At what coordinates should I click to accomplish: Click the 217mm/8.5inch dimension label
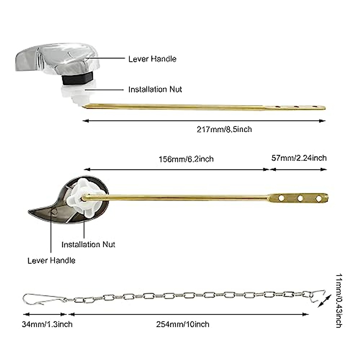pyautogui.click(x=224, y=129)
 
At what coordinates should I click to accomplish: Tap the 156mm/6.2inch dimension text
pyautogui.click(x=186, y=159)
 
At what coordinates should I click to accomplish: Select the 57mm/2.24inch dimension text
pyautogui.click(x=299, y=158)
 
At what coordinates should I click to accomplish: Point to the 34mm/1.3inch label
pyautogui.click(x=47, y=324)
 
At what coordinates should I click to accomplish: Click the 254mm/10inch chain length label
pyautogui.click(x=183, y=324)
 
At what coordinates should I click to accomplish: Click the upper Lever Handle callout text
pyautogui.click(x=152, y=59)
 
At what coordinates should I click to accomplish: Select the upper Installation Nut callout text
pyautogui.click(x=155, y=89)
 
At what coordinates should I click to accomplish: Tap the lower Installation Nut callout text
pyautogui.click(x=88, y=244)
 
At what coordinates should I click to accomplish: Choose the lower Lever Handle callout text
pyautogui.click(x=51, y=260)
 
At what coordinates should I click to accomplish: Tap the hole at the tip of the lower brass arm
pyautogui.click(x=319, y=198)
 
